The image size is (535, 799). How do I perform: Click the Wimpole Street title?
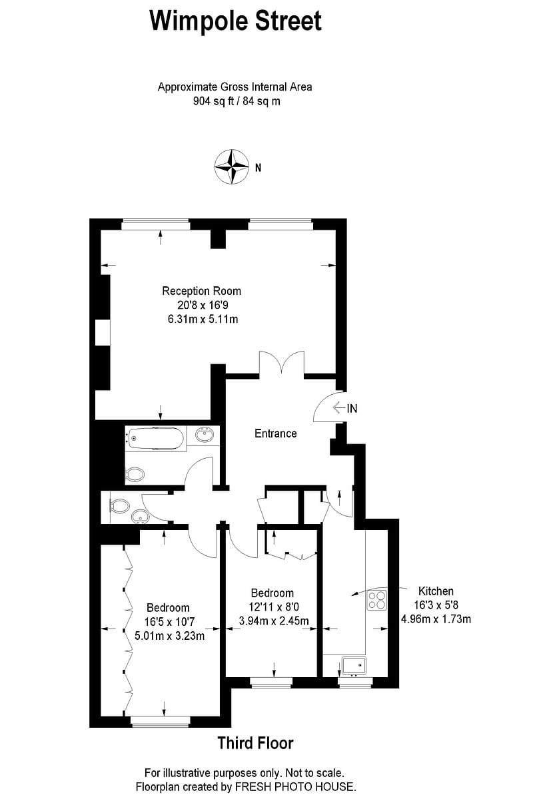[236, 21]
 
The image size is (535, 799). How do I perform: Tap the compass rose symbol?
[231, 167]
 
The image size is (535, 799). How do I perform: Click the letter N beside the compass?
[258, 168]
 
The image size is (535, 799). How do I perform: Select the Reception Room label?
[202, 291]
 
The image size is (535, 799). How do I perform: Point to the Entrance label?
[275, 433]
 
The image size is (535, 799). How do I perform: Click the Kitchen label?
[436, 591]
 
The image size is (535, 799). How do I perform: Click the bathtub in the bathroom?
[157, 437]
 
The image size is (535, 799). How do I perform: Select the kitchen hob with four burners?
[376, 601]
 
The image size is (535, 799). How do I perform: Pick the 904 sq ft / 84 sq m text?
[235, 101]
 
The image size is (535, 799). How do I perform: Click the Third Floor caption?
[255, 743]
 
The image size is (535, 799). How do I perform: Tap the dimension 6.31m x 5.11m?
[203, 320]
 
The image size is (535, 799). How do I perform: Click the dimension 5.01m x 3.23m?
[169, 635]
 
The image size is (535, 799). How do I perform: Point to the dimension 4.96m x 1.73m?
[436, 619]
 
